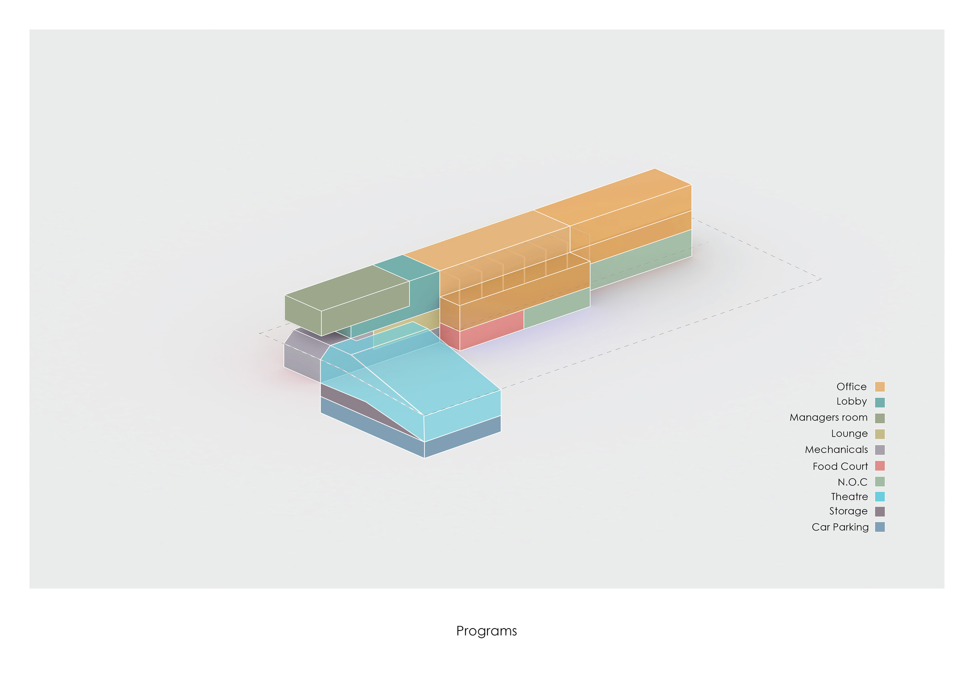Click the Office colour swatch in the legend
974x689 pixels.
coord(880,387)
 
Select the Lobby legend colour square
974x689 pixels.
coord(880,402)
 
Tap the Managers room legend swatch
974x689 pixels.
coord(880,418)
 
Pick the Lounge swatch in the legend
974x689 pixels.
coord(880,434)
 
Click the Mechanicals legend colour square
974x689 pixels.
coord(880,450)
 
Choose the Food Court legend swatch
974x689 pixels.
coord(880,466)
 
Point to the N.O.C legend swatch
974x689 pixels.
coord(880,481)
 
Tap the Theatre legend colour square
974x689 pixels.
coord(880,497)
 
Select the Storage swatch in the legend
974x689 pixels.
coord(880,512)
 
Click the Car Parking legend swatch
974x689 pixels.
coord(880,527)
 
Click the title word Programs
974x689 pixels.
coord(487,632)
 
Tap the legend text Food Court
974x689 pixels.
coord(840,466)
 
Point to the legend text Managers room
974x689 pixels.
coord(828,418)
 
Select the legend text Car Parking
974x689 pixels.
coord(840,527)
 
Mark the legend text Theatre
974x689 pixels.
coord(849,497)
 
